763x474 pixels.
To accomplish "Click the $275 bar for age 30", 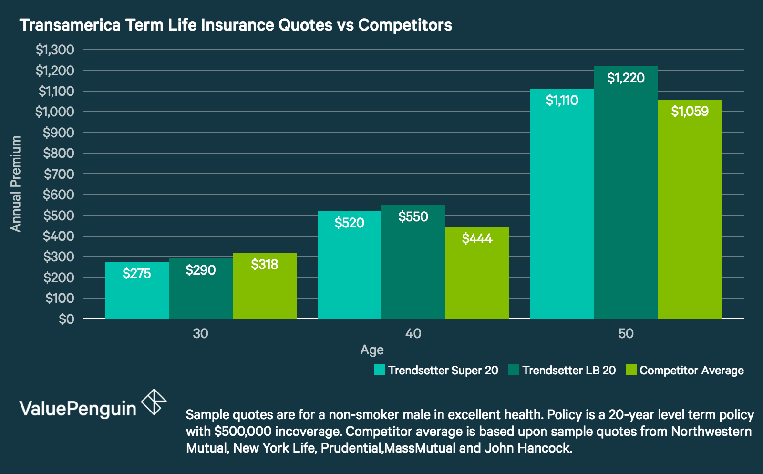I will click(x=136, y=291).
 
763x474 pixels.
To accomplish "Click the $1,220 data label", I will click(x=626, y=78).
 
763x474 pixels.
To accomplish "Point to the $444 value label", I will click(x=477, y=238).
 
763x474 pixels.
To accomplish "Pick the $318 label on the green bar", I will click(x=264, y=264).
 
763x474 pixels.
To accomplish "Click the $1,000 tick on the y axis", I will click(x=55, y=112).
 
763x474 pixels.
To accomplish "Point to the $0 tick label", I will click(x=66, y=319).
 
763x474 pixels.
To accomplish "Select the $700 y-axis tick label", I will click(x=59, y=174).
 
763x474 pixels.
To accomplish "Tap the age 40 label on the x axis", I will click(x=413, y=333).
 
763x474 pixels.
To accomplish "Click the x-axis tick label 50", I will click(x=626, y=333).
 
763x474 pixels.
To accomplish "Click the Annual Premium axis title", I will click(x=16, y=184).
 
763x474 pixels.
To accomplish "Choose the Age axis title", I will click(x=372, y=350).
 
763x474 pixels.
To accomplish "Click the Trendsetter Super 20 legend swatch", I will click(x=380, y=370).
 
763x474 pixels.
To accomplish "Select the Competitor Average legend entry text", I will click(x=691, y=371).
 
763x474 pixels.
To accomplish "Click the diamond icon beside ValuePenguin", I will click(x=154, y=402).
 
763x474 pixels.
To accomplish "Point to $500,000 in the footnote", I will click(x=243, y=432).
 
